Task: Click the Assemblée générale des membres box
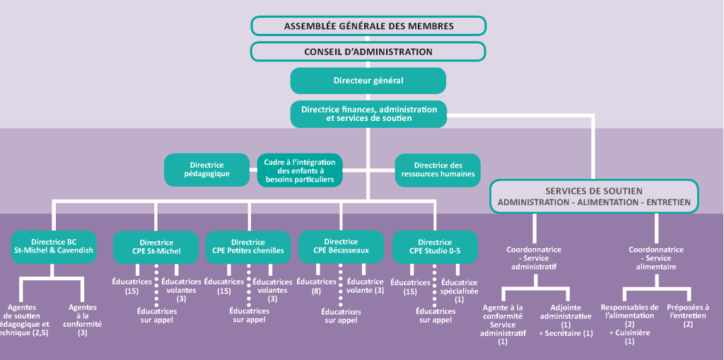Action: tap(368, 26)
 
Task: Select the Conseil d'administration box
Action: tap(368, 52)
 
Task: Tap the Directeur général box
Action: tap(368, 81)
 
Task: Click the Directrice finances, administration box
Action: tap(368, 114)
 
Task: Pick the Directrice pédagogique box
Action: tap(206, 170)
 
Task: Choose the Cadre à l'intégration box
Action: tap(299, 170)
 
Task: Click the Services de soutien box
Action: tap(594, 197)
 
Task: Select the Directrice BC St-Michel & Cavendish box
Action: tap(53, 246)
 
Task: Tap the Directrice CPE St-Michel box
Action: tap(156, 246)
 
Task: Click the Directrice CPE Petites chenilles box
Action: tap(248, 246)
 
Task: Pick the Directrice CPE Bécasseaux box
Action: tap(341, 246)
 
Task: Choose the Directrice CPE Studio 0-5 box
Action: tap(435, 246)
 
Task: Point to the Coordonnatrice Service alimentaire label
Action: tap(656, 258)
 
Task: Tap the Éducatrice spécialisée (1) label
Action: tap(459, 291)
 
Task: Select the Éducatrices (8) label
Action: tap(316, 286)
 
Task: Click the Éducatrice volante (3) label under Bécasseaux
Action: tap(366, 286)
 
